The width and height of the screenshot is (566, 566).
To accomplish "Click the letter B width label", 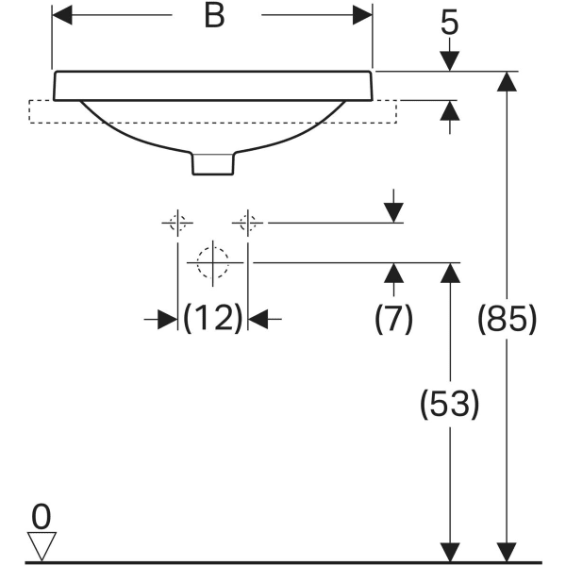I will (214, 17).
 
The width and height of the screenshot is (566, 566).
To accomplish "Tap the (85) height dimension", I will (508, 320).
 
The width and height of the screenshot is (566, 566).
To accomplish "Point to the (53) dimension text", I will (450, 405).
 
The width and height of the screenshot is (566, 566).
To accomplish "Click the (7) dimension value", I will (393, 320).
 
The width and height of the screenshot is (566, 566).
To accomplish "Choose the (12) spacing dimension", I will (213, 319).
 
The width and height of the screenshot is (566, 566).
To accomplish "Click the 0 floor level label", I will (41, 516).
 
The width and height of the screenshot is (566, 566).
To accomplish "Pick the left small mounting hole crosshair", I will (177, 223).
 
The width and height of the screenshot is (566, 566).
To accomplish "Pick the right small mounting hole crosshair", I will (248, 223).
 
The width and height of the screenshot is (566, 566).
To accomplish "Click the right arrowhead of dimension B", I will (363, 16).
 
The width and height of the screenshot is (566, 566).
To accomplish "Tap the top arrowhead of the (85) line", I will (508, 82).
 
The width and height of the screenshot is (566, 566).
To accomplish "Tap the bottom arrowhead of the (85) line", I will (508, 553).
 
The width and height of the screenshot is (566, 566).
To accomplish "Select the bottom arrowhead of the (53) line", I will (450, 553).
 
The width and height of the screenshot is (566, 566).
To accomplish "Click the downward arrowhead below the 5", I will (450, 58).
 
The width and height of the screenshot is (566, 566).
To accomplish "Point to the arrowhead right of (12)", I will (259, 320).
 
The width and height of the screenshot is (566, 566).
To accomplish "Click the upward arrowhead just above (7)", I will (393, 274).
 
